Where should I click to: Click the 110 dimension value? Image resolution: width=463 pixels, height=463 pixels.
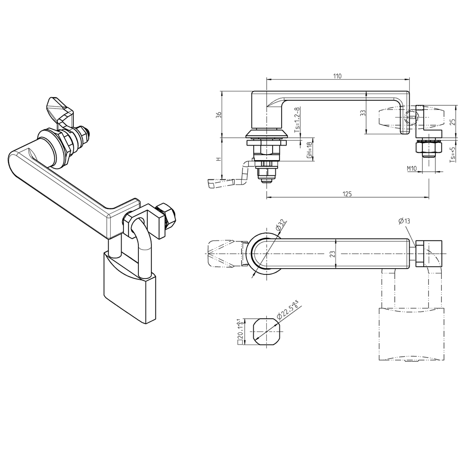click(x=337, y=76)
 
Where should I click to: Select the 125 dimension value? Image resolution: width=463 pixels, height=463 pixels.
click(x=347, y=194)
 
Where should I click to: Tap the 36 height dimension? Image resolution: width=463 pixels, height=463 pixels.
click(x=218, y=115)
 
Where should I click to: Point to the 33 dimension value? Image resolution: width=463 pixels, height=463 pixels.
click(x=362, y=113)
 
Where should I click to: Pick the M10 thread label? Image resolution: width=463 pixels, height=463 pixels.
click(x=411, y=168)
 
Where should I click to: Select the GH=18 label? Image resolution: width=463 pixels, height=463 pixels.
click(x=309, y=149)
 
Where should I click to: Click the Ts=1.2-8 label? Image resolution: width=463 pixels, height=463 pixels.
click(x=297, y=119)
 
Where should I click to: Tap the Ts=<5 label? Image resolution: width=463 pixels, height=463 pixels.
click(x=452, y=154)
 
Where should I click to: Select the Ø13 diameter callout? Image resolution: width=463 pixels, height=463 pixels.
click(x=404, y=221)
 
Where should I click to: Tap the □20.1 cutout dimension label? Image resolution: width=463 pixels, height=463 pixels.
click(x=240, y=332)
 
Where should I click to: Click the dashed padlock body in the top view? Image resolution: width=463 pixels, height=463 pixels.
click(x=410, y=334)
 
